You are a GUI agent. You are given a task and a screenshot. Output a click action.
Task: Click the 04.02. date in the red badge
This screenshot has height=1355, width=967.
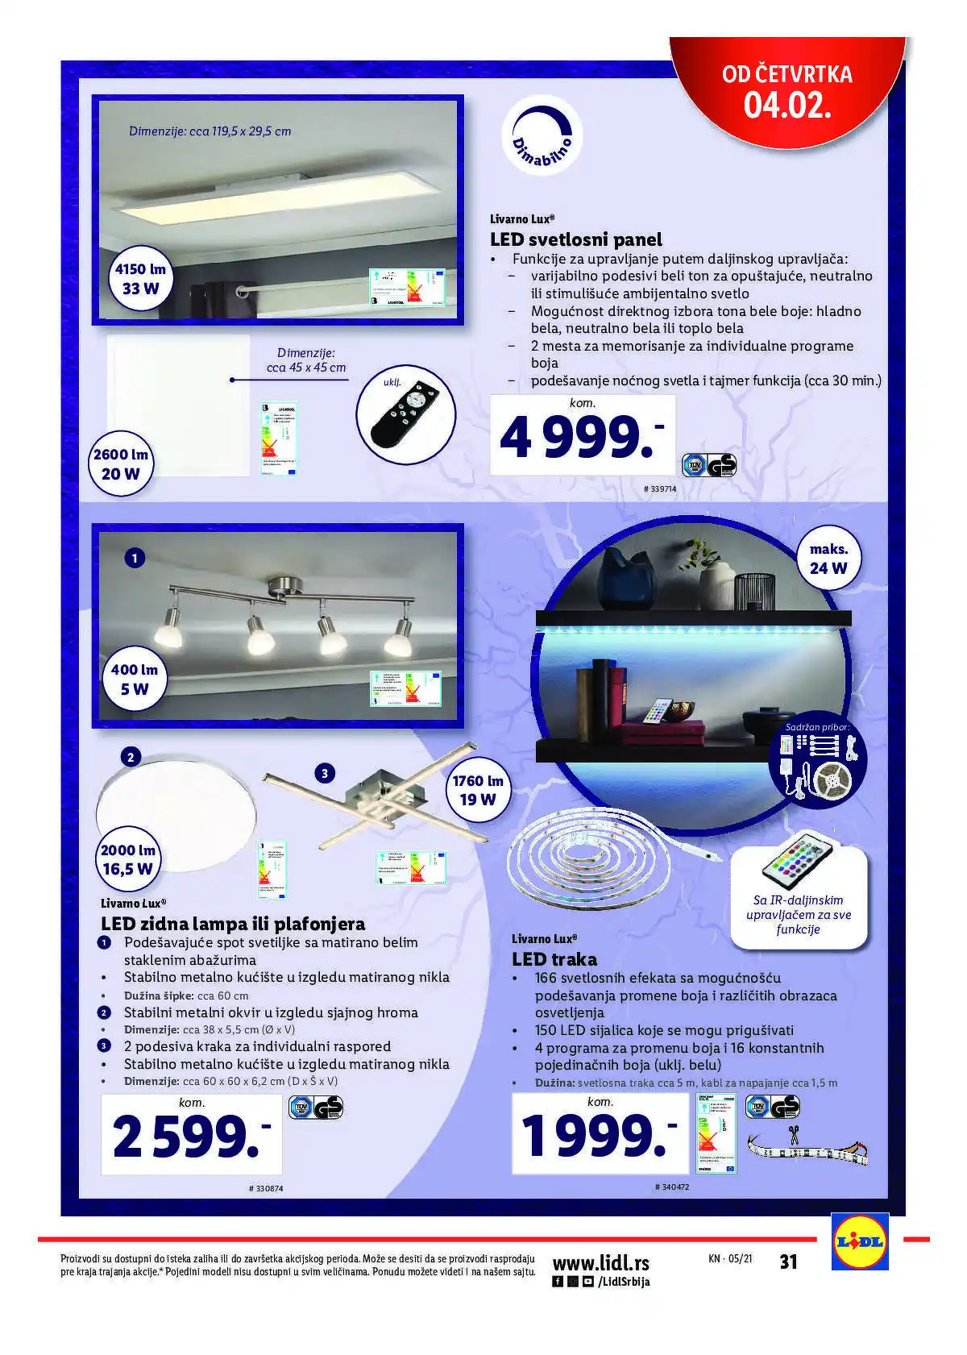click(x=786, y=106)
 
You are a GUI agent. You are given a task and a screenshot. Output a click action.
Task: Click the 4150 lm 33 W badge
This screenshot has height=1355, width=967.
click(x=140, y=279)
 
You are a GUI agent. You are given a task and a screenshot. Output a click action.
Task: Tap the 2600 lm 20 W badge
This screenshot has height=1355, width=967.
click(x=121, y=463)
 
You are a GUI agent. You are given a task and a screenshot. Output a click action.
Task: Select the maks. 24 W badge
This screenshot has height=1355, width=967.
click(x=828, y=559)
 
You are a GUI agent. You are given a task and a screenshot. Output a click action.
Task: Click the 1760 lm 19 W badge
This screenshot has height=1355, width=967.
click(x=477, y=790)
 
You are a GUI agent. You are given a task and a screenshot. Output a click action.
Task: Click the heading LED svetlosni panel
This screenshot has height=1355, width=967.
click(x=575, y=239)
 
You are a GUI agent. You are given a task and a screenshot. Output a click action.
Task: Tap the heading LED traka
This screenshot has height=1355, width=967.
click(x=554, y=959)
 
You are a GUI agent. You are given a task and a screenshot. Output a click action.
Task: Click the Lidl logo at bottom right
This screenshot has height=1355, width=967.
click(x=860, y=1242)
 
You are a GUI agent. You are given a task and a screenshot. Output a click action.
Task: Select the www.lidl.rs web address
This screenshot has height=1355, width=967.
click(x=600, y=1262)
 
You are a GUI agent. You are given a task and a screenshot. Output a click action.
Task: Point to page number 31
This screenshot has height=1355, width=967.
click(x=788, y=1261)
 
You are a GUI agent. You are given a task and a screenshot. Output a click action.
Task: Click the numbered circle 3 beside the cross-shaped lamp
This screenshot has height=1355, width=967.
click(x=325, y=774)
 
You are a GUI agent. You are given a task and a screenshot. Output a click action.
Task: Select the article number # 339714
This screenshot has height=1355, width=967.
click(x=660, y=489)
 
